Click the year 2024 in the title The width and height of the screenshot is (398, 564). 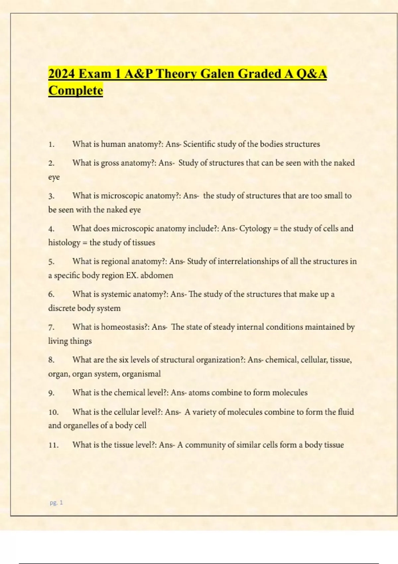click(61, 74)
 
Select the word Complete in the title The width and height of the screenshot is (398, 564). click(76, 91)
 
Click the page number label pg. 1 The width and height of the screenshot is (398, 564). click(56, 503)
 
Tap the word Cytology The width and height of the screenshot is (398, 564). click(255, 229)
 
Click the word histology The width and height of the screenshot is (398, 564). click(64, 243)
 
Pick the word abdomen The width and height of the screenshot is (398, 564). click(157, 275)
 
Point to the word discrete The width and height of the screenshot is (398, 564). click(62, 308)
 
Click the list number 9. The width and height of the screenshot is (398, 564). click(51, 393)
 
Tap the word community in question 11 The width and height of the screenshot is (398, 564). click(205, 445)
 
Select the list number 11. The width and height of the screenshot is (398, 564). click(53, 445)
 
